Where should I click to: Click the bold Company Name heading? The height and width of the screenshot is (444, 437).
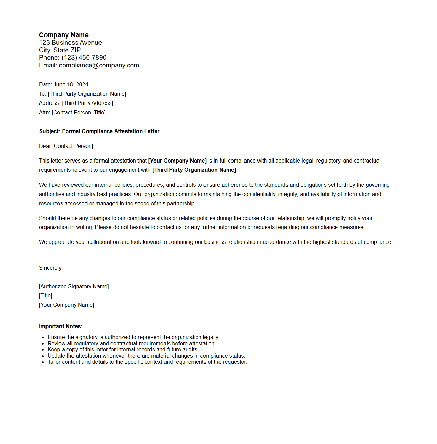(64, 35)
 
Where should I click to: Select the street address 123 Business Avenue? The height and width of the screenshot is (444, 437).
(70, 43)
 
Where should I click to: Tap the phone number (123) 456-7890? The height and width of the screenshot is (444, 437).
(84, 58)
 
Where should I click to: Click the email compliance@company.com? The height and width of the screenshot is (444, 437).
(99, 65)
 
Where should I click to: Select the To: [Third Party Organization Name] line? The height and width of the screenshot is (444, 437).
(82, 94)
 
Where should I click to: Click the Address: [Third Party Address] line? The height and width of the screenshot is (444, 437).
(76, 103)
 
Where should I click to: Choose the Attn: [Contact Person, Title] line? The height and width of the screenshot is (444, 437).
(72, 113)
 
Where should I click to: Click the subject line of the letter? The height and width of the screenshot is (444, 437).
(99, 131)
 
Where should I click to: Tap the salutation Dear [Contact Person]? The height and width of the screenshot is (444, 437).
(67, 146)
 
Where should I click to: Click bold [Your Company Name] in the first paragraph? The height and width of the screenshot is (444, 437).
(177, 161)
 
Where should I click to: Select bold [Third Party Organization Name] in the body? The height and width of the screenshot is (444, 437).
(194, 170)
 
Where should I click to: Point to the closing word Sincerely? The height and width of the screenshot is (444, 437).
(51, 268)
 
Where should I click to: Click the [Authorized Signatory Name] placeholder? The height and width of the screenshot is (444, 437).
(74, 287)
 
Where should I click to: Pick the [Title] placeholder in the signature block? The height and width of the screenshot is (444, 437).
(45, 296)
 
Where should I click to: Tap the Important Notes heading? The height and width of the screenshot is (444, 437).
(61, 327)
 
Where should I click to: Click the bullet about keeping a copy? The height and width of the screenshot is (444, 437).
(123, 350)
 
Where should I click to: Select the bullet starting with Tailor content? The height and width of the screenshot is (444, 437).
(147, 362)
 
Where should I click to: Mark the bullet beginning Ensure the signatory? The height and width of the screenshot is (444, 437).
(133, 337)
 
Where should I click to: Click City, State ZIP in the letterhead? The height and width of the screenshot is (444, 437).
(60, 50)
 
